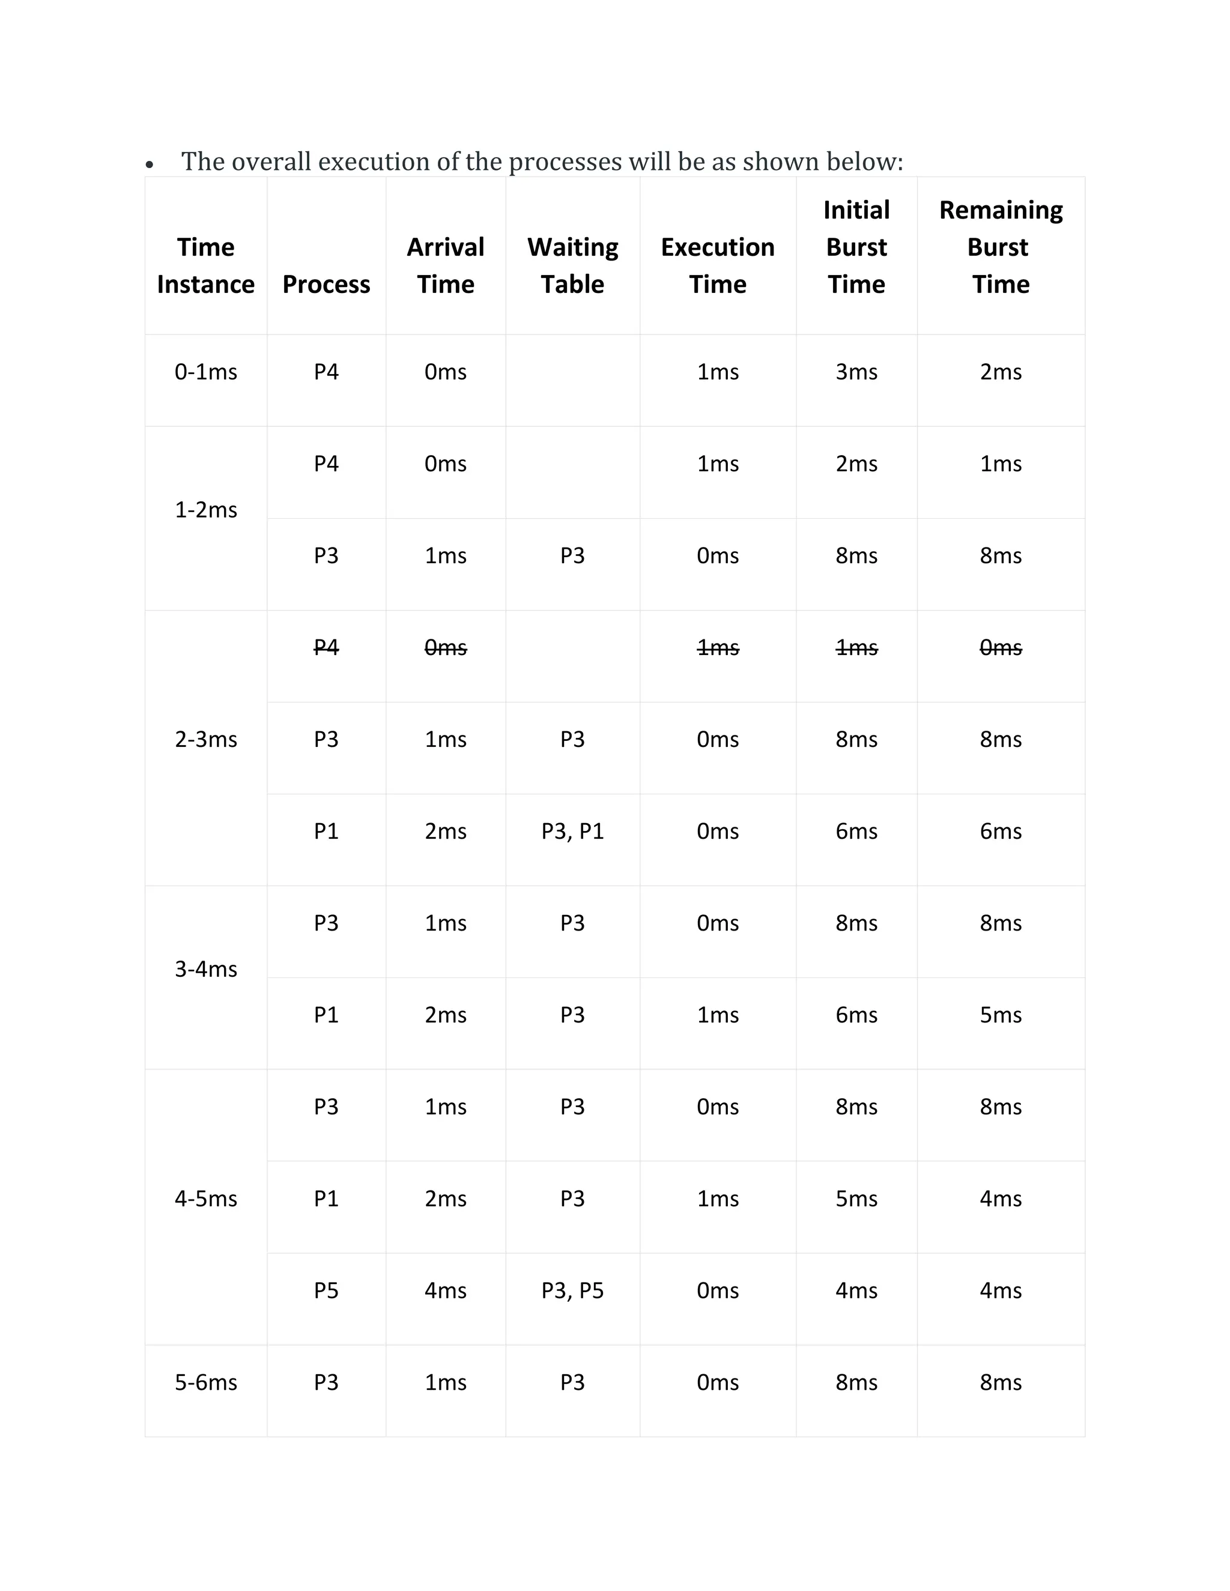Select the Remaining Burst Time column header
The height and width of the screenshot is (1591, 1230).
(x=1001, y=247)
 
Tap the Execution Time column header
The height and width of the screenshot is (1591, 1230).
(x=718, y=265)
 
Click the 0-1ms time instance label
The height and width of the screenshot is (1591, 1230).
(x=205, y=372)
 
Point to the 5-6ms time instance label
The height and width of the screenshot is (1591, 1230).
(x=205, y=1382)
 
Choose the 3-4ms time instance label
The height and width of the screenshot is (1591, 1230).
(x=205, y=969)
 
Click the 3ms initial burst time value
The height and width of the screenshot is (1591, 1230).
(x=856, y=372)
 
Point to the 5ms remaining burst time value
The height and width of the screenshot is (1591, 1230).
(x=1001, y=1015)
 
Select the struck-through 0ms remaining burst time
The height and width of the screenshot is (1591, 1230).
(x=1001, y=648)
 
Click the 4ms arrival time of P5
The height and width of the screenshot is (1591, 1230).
(x=445, y=1290)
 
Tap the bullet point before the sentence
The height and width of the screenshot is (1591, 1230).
(x=150, y=165)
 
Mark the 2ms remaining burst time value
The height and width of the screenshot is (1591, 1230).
(x=1001, y=372)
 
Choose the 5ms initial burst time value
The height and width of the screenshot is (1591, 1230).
(x=856, y=1198)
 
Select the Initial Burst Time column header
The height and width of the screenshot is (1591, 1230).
(x=856, y=247)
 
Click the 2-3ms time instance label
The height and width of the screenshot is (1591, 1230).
(x=205, y=740)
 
